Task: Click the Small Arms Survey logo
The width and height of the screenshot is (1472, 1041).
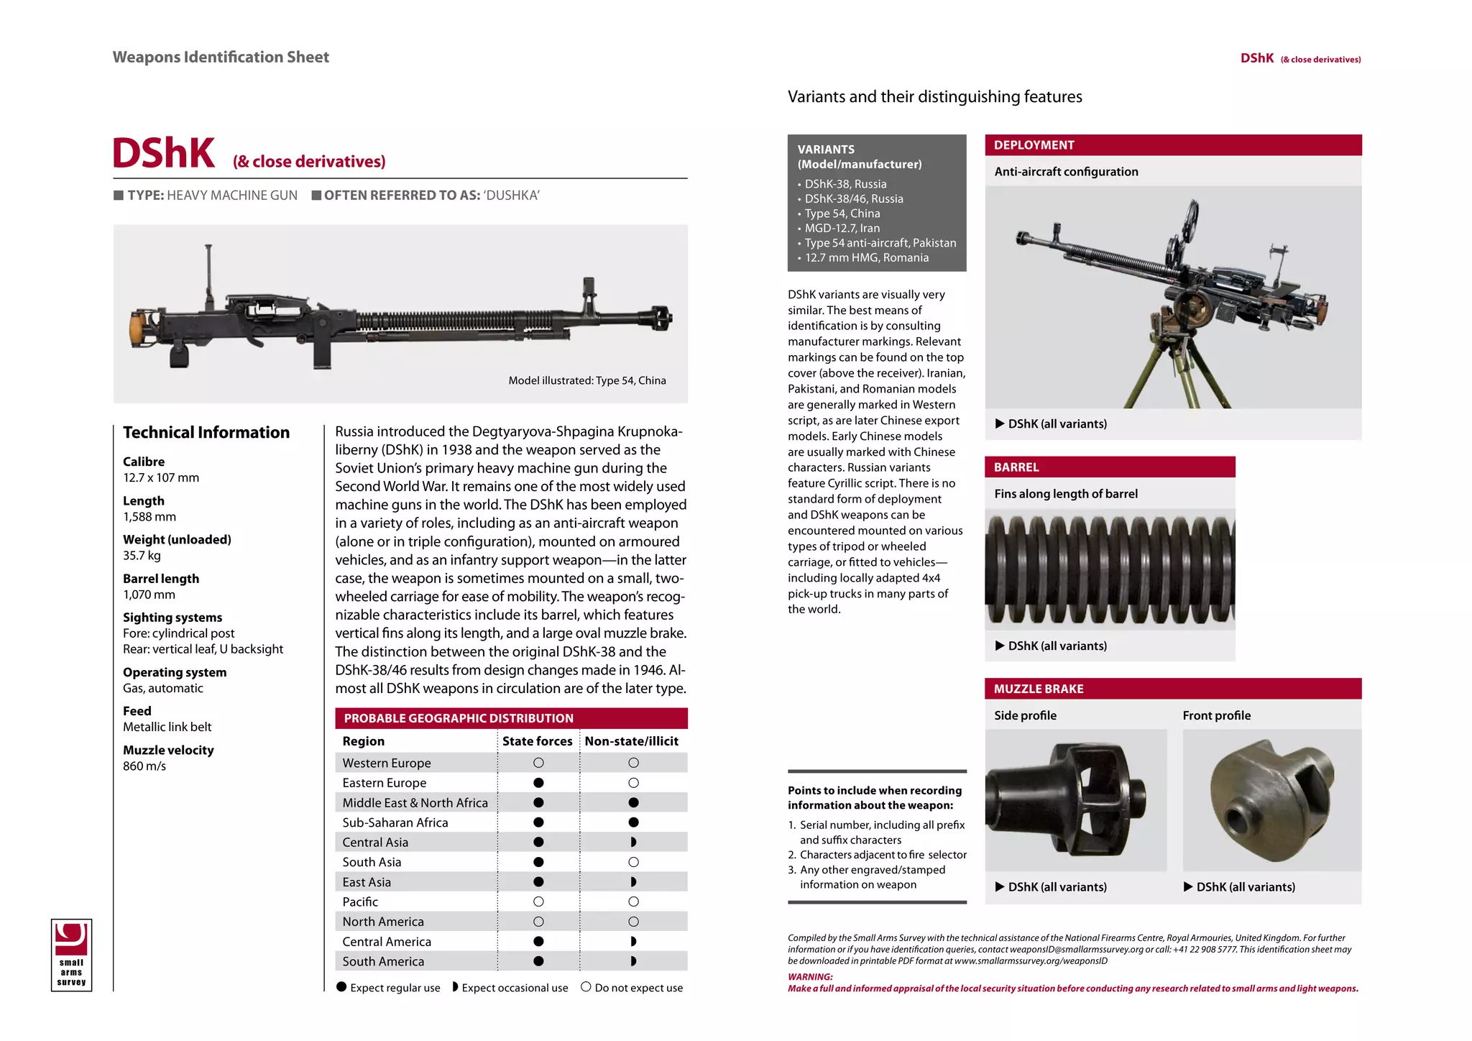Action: [71, 955]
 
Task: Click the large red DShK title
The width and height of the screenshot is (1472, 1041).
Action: [164, 153]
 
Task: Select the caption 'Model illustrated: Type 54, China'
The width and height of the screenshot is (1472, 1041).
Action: [586, 380]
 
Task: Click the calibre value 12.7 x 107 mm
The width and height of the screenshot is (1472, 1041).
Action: [161, 477]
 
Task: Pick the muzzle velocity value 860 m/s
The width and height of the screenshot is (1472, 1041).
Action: [144, 766]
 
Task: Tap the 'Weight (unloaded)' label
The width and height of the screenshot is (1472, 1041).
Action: [177, 539]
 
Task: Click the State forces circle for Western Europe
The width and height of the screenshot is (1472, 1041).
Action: [538, 763]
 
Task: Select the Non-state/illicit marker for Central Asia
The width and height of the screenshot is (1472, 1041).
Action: [633, 842]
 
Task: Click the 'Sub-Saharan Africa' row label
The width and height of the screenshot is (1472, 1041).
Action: [395, 822]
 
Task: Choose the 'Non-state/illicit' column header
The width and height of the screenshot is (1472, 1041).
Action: [631, 741]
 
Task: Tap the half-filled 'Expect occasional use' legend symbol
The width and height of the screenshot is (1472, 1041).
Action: [455, 987]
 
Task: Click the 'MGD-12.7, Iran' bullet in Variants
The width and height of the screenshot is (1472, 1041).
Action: [842, 228]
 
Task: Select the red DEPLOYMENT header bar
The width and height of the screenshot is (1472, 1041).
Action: [1172, 145]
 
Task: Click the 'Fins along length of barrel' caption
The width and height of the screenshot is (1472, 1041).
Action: [1065, 494]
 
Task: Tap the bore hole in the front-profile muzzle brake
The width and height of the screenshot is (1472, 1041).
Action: [1238, 819]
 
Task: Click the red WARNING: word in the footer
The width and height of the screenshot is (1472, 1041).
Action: [810, 977]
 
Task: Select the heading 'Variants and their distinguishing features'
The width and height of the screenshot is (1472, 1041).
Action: [934, 97]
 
